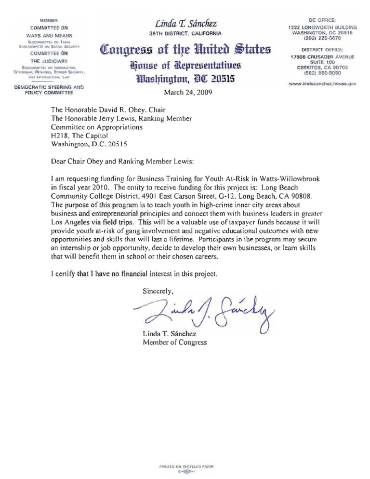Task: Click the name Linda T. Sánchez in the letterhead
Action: pos(185,23)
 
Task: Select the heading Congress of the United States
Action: pos(185,49)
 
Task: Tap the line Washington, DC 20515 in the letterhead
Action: pos(185,80)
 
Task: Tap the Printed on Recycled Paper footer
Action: pos(185,467)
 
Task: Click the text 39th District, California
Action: pos(185,33)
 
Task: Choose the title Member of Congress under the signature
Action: pos(175,342)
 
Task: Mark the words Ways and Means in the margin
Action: pos(50,36)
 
